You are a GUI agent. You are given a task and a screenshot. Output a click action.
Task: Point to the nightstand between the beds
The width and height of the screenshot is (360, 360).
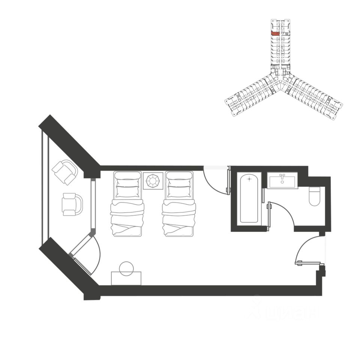coord(153,181)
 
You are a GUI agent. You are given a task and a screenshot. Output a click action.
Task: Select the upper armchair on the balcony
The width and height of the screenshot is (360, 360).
coord(65,172)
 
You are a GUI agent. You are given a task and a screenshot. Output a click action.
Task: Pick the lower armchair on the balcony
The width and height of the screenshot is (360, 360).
coord(72,204)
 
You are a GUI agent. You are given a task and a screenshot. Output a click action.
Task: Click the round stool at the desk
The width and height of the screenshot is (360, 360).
coord(126,268)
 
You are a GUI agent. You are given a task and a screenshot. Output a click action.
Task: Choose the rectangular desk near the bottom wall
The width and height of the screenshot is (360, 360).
coord(126,278)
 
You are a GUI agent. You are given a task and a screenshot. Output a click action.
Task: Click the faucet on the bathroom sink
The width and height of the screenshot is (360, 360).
coord(283,176)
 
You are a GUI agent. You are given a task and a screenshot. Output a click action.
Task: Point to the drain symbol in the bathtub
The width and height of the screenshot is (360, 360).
coord(249,179)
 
